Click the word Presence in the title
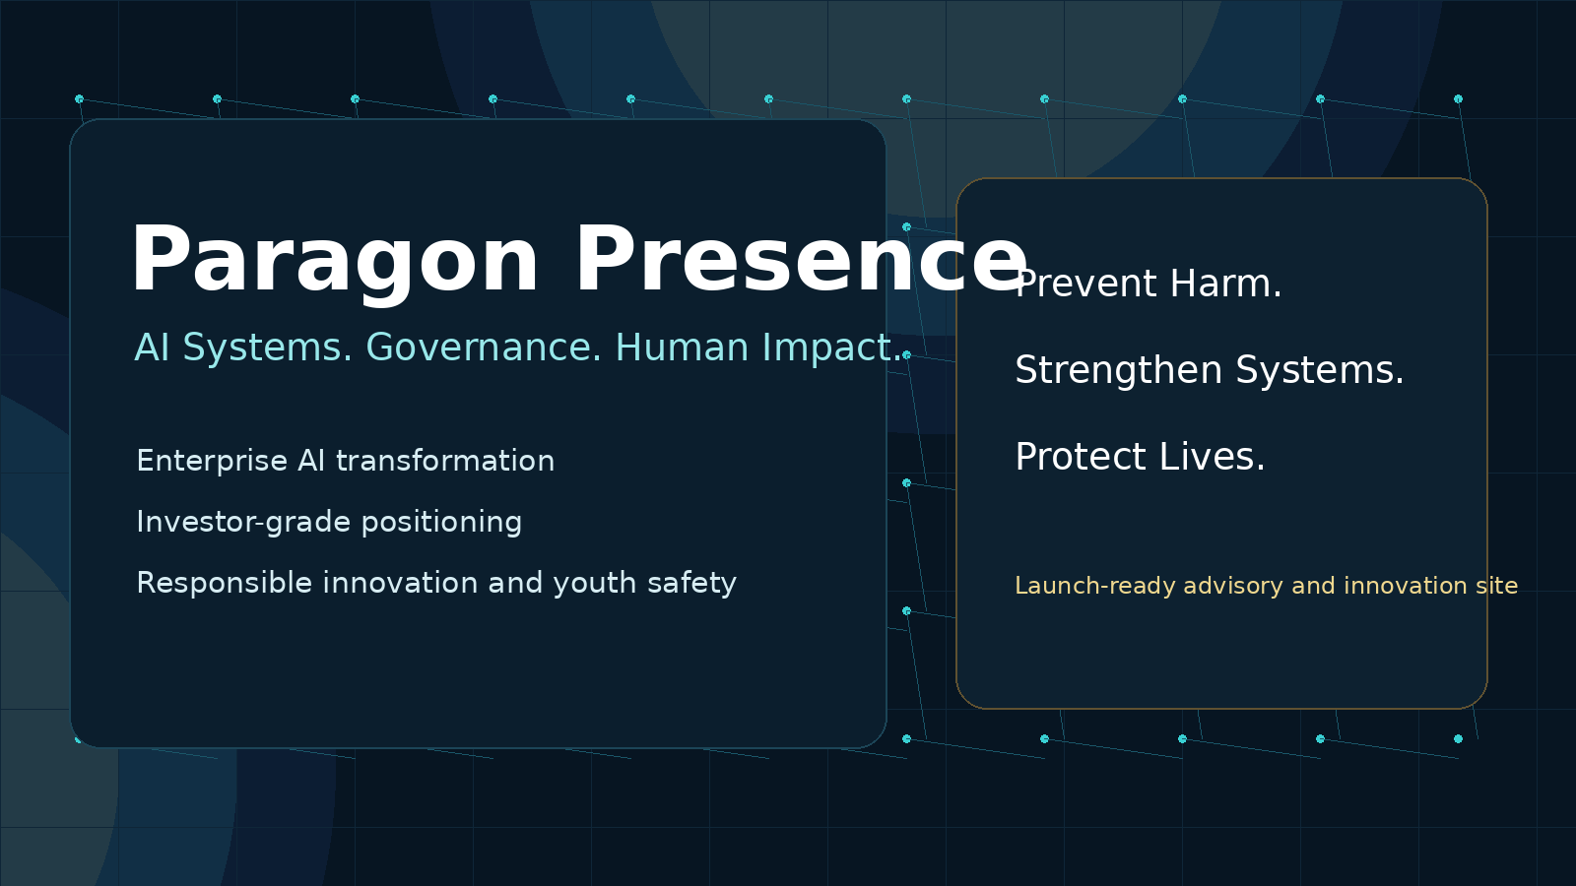(800, 260)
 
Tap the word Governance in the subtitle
(483, 348)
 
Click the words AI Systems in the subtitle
(242, 348)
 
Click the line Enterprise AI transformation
(345, 461)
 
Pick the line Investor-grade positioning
(329, 522)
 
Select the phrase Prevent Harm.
(1149, 285)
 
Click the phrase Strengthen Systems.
(1209, 371)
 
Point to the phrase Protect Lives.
(1140, 458)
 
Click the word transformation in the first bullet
(445, 461)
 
